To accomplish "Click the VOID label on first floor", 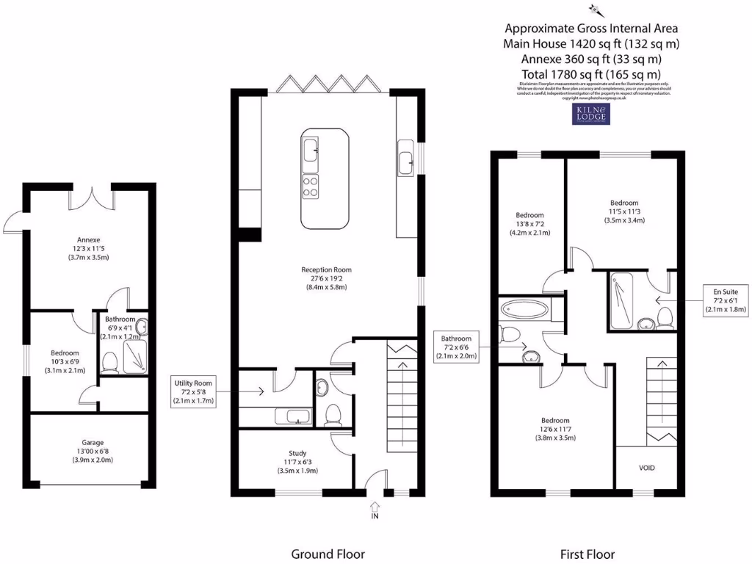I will pos(646,468).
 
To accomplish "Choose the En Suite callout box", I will pos(726,300).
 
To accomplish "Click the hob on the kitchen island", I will pos(311,187).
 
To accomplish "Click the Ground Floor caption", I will pos(328,554).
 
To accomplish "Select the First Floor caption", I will pos(587,554).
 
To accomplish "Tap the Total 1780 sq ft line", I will pos(591,74).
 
